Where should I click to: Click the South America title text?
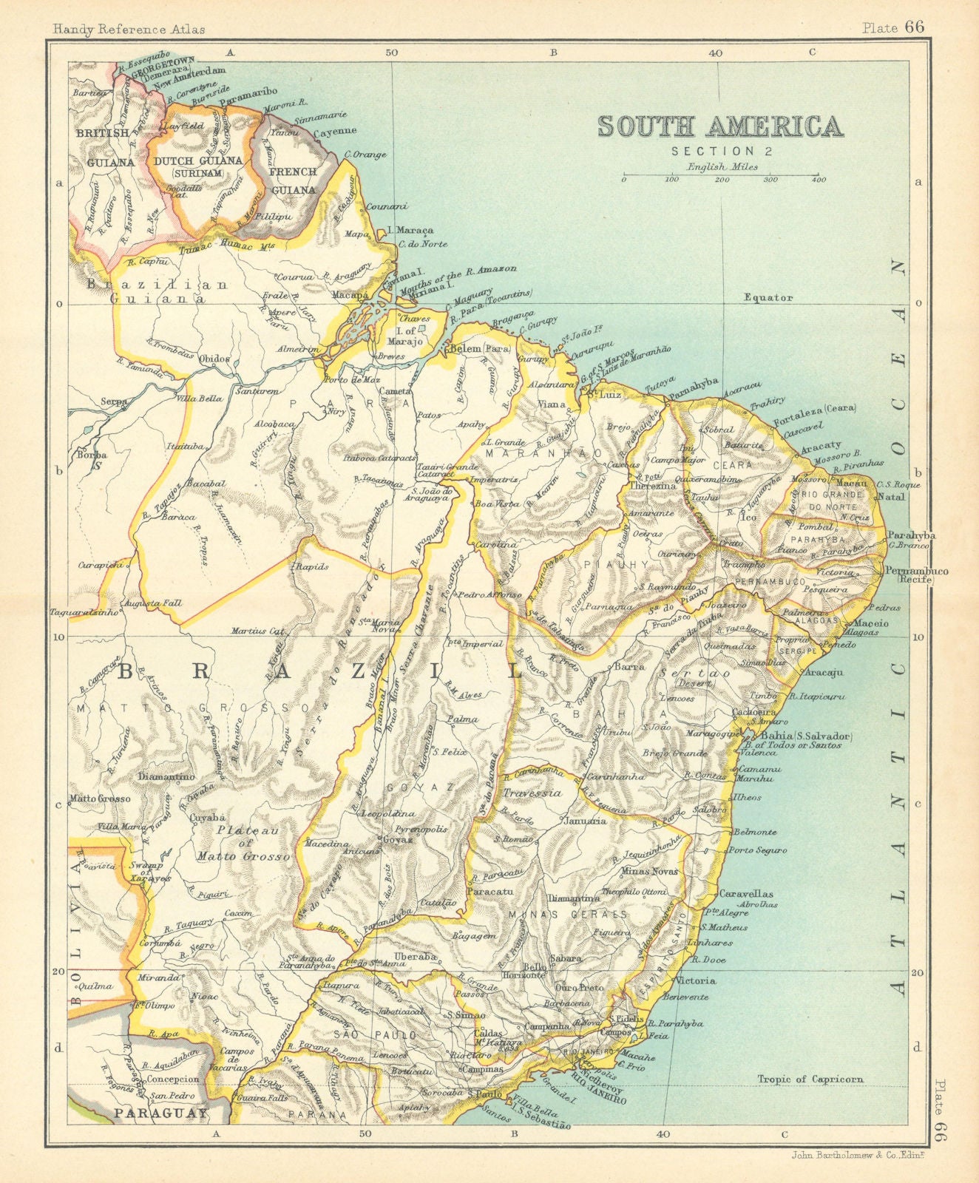pyautogui.click(x=720, y=126)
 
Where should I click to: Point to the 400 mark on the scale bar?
pyautogui.click(x=818, y=180)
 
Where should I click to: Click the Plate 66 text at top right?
pyautogui.click(x=893, y=28)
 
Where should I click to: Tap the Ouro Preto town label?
pyautogui.click(x=580, y=987)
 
